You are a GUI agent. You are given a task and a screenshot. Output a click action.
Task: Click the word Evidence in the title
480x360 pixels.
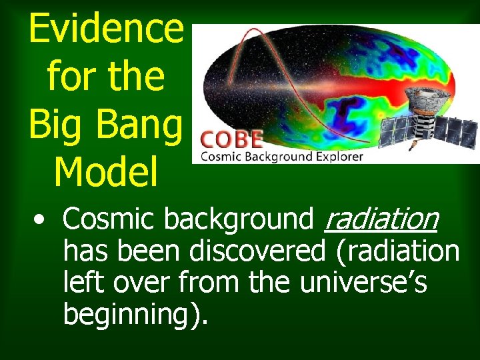(106, 30)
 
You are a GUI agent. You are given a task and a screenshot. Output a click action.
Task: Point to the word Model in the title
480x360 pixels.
(106, 172)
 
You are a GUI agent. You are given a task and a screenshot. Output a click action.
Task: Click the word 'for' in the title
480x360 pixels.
(69, 78)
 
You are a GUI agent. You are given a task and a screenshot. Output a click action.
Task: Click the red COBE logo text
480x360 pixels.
(232, 140)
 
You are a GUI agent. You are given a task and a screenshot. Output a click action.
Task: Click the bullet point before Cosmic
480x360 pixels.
(41, 221)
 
